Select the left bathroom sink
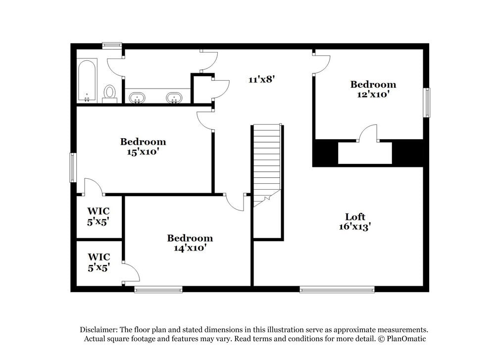[136, 97]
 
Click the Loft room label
[355, 216]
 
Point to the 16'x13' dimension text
[355, 227]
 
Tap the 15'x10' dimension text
[143, 152]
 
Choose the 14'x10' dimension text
[190, 248]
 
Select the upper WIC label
[98, 211]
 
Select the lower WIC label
[99, 257]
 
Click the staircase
[267, 163]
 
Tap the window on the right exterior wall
[426, 103]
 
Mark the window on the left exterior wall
[73, 167]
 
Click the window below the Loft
[337, 289]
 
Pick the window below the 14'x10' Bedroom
[158, 289]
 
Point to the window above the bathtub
[112, 46]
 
